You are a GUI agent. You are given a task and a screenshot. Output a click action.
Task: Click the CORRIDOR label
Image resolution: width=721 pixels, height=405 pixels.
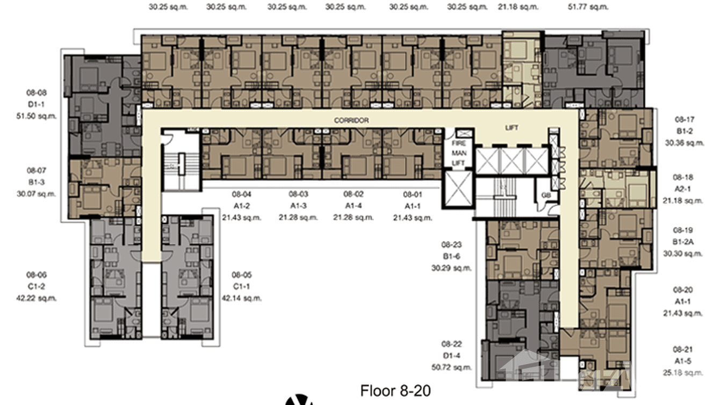[x=351, y=121]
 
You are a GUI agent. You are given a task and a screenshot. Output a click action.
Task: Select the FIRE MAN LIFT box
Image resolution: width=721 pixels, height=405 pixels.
[x=458, y=153]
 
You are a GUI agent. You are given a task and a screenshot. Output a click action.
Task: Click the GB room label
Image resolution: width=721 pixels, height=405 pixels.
[x=546, y=195]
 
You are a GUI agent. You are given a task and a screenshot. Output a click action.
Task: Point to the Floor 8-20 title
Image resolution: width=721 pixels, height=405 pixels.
[x=395, y=390]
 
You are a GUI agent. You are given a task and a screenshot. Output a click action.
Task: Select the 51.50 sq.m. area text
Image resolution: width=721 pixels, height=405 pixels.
[x=37, y=115]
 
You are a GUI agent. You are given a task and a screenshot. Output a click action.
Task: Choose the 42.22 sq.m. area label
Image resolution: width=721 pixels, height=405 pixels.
[x=37, y=298]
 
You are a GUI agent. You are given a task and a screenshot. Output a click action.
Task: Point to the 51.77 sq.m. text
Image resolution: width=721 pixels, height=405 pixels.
[x=588, y=7]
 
